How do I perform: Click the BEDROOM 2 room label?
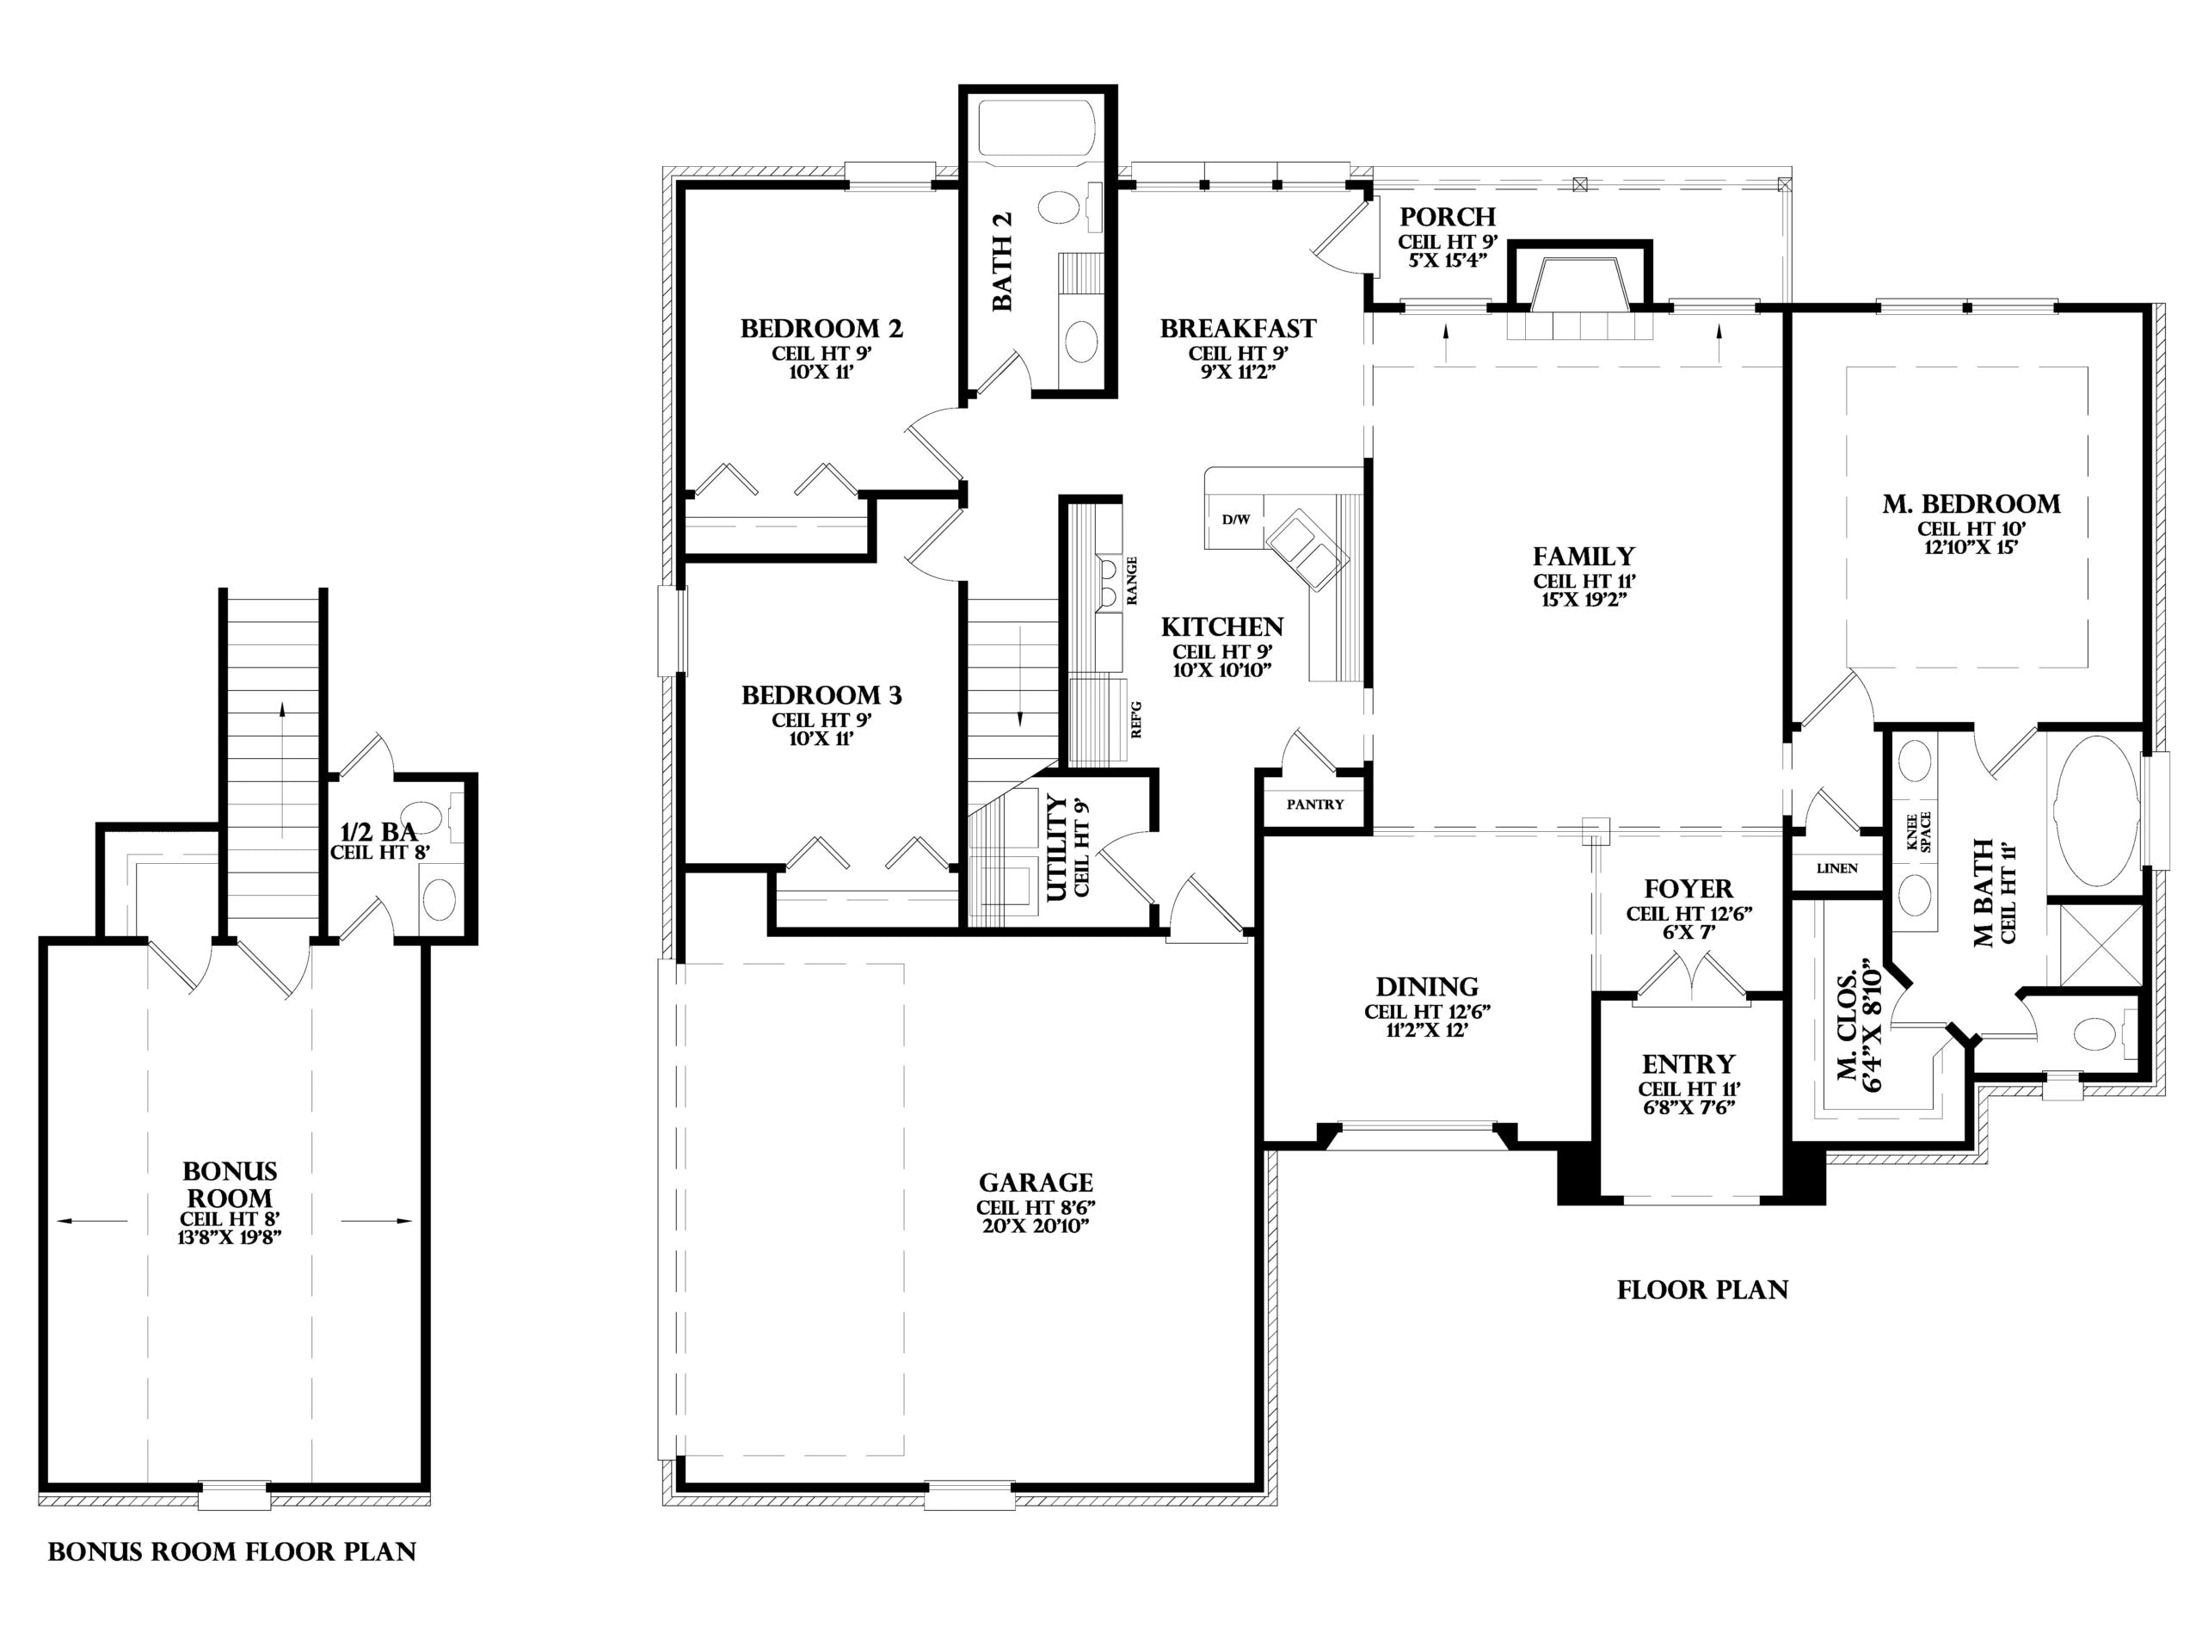tap(821, 329)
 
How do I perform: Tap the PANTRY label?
tap(1315, 804)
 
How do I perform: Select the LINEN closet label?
tap(1836, 868)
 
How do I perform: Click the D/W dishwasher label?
tap(1236, 520)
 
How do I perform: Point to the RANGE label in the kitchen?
tap(1132, 581)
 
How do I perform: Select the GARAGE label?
tap(1036, 1183)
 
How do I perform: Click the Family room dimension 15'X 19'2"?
tap(1584, 600)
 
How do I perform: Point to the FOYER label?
tap(1688, 889)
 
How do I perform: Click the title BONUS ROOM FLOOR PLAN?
tap(232, 1552)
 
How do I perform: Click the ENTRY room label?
tap(1688, 1064)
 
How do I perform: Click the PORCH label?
tap(1448, 217)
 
